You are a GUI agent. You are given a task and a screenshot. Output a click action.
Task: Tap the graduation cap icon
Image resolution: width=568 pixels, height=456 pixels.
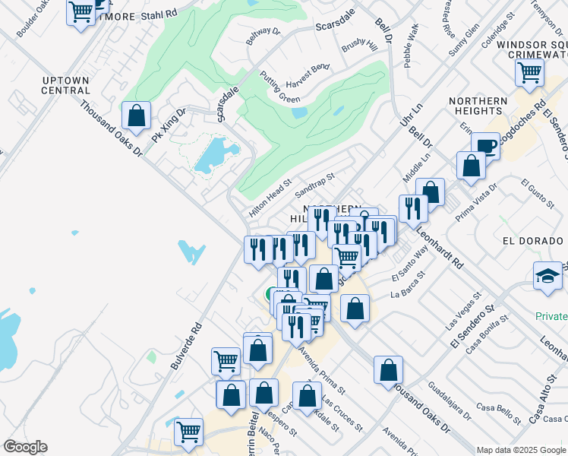pos(547,275)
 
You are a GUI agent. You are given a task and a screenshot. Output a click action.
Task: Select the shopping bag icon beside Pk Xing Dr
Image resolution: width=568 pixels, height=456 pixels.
pos(136,116)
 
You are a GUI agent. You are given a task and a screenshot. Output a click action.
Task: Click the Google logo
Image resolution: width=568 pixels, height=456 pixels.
pos(25,447)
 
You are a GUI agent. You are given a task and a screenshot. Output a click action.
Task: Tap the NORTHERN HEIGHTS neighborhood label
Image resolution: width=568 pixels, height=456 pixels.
pos(478,107)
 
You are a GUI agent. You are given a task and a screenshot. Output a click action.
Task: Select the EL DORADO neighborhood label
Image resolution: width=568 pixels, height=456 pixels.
pos(535,241)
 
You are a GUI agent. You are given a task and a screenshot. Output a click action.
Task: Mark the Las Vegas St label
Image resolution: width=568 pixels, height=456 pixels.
pos(466,306)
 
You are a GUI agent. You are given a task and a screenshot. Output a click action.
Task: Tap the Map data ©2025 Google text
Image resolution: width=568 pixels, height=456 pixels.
pos(520,449)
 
